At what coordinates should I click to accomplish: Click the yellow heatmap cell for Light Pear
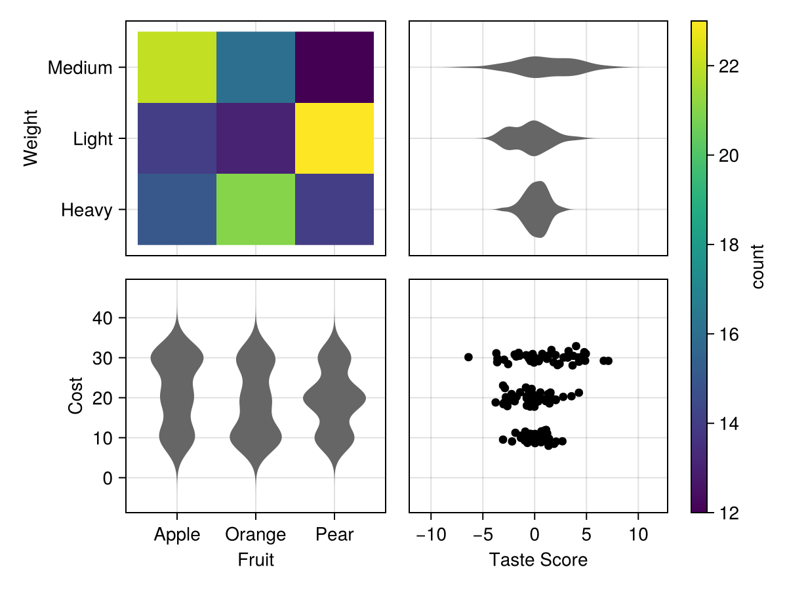pos(334,138)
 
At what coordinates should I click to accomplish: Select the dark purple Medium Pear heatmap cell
pos(334,67)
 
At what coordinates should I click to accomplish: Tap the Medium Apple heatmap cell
pos(177,67)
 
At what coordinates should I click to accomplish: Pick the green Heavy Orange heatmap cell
pos(256,209)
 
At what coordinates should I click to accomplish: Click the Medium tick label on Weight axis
pos(80,68)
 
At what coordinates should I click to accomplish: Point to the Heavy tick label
pos(87,210)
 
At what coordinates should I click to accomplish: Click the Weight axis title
pos(31,138)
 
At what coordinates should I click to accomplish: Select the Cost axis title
pos(76,395)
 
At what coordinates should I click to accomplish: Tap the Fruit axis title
pos(256,560)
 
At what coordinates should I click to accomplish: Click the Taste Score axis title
pos(538,560)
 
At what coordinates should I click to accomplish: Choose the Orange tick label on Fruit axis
pos(256,535)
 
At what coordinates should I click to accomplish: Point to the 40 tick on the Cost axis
pos(104,318)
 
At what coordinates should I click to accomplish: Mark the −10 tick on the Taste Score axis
pos(431,535)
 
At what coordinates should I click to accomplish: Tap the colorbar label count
pos(758,266)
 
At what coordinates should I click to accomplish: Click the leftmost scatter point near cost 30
pos(468,357)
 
